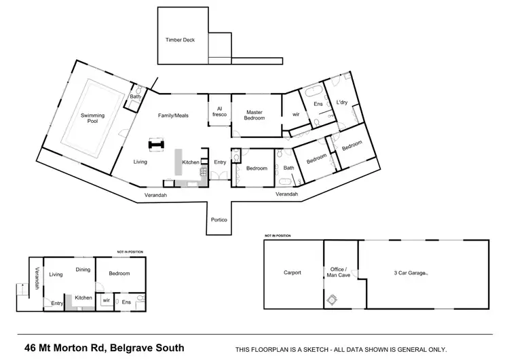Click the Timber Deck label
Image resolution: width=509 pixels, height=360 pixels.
point(180,40)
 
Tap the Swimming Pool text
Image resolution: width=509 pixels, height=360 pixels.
point(93,120)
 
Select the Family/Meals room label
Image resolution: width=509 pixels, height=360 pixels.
point(173,115)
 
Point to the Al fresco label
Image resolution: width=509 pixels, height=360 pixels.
point(220,112)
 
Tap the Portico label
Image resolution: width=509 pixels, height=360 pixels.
point(219,220)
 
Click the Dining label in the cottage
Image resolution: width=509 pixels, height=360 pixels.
point(83,269)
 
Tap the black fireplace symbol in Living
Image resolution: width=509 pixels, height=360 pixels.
point(157,144)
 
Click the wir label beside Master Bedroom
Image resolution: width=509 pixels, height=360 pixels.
point(296,115)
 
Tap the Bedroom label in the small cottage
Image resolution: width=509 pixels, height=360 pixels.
point(120,273)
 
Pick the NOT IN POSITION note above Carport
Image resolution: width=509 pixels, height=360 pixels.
point(278,236)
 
